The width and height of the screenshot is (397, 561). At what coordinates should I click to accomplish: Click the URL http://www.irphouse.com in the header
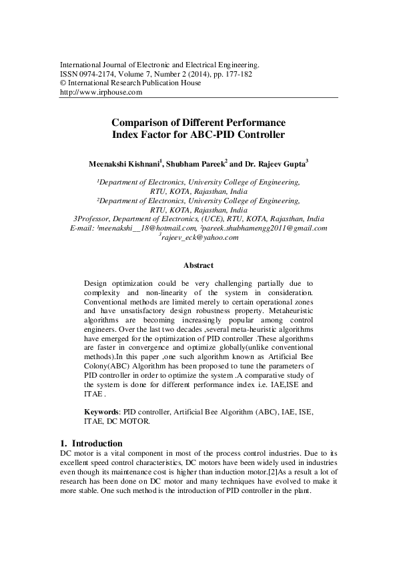101,93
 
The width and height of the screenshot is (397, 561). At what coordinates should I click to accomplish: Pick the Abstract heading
198,265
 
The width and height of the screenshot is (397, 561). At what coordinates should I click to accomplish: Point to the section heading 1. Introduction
91,443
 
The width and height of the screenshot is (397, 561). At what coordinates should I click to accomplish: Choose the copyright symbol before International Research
63,83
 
